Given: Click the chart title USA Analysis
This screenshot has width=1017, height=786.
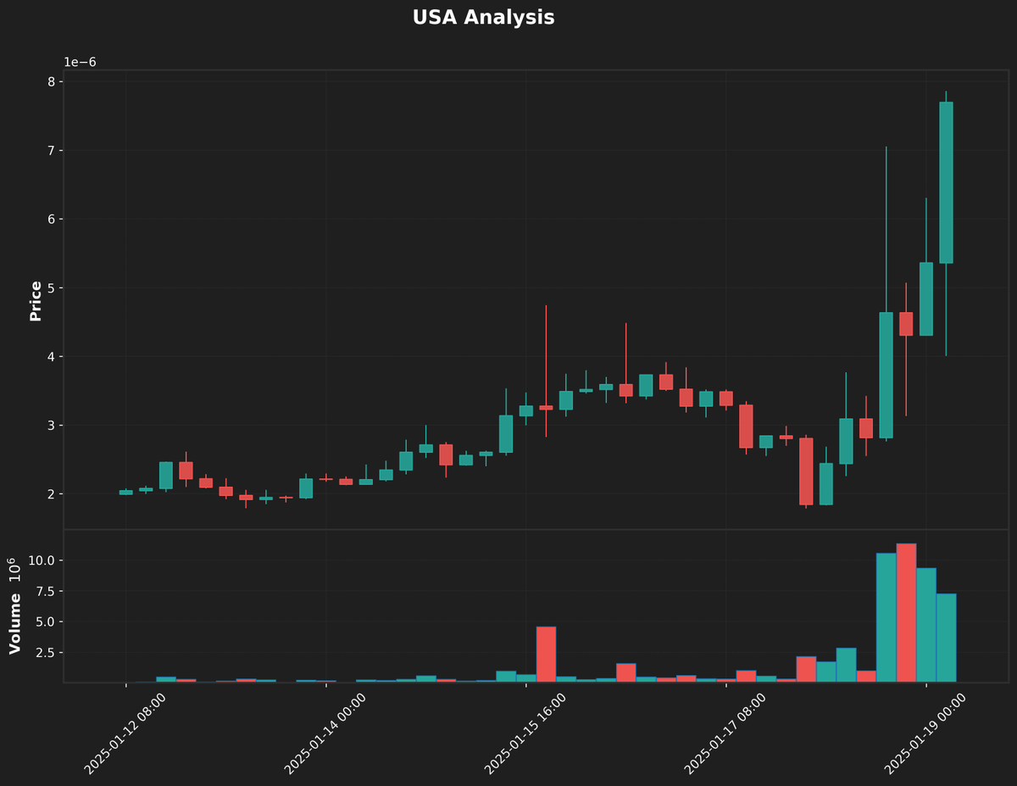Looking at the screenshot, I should point(483,18).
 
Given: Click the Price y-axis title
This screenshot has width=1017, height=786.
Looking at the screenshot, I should point(36,301).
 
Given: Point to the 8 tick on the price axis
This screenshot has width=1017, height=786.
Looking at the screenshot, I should point(50,82).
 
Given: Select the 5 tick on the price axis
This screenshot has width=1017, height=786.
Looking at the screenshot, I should point(50,288).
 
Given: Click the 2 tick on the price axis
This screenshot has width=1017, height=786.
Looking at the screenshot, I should point(50,494).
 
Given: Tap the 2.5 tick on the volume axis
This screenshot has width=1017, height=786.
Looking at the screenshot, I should point(44,652).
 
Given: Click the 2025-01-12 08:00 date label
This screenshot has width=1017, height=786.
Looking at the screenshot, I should point(125,733).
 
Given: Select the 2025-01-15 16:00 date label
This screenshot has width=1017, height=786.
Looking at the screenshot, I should point(525,733).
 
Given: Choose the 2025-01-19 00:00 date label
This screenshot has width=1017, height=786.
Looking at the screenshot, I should point(925,733).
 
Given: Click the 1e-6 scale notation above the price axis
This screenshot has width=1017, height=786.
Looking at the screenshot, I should point(80,63).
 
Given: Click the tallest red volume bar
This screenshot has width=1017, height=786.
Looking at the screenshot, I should point(906,612).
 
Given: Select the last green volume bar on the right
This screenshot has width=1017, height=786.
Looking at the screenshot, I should point(946,638).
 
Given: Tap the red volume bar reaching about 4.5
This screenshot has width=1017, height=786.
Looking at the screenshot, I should point(546,654).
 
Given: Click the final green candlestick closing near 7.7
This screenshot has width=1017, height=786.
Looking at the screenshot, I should point(946,182).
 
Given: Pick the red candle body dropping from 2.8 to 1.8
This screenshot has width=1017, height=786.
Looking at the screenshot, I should point(806,471).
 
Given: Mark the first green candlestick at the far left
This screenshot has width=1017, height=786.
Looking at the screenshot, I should point(125,492).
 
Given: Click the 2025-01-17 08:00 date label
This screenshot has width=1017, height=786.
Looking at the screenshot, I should point(725,733).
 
